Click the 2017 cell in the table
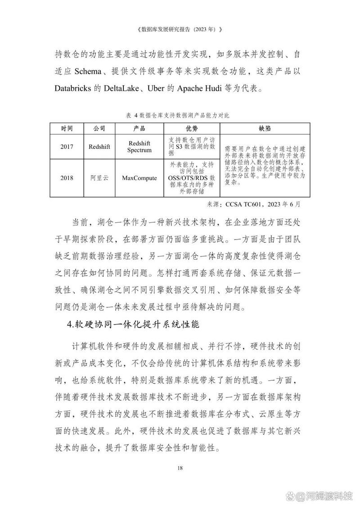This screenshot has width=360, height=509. point(67,146)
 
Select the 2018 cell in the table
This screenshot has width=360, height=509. point(67,178)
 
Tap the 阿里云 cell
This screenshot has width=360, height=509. point(99,178)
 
